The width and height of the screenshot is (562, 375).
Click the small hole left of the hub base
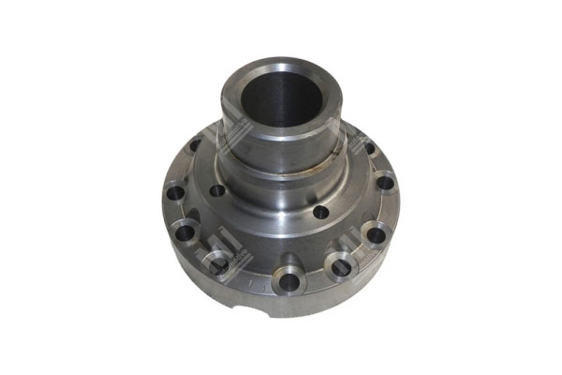tap(217, 190)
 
